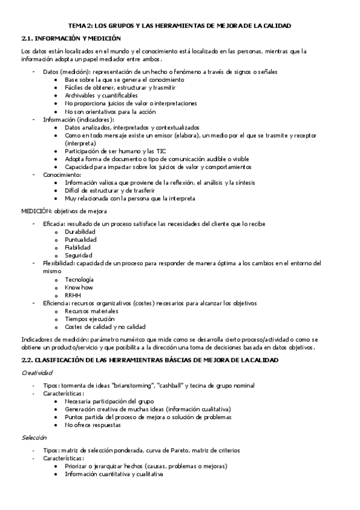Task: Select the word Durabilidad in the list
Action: pos(81,232)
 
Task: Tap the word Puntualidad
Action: pos(81,239)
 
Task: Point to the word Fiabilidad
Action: pos(78,247)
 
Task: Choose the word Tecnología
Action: pos(79,279)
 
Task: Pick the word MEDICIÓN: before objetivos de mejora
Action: pos(36,211)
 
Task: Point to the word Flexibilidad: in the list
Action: pos(58,263)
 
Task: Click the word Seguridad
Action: pos(79,255)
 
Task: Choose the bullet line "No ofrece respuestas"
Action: pos(93,425)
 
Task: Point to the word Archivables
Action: pos(85,95)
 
